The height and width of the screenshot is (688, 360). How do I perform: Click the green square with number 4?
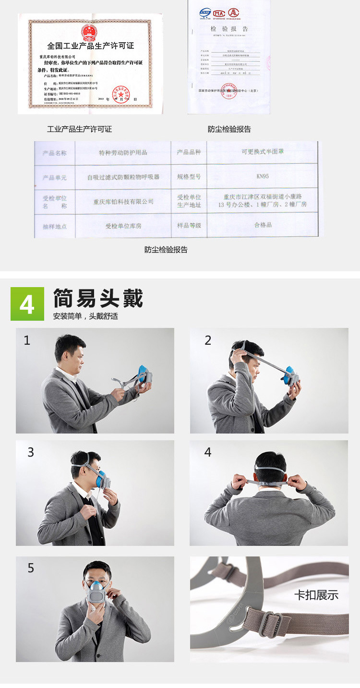click(27, 304)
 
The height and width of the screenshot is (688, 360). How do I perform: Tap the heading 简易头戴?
click(98, 298)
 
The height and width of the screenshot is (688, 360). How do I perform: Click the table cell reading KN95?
click(262, 176)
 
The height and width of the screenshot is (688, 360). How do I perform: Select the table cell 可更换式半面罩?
click(262, 152)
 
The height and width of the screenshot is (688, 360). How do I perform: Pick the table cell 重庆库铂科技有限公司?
click(123, 202)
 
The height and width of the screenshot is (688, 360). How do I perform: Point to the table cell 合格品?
click(263, 225)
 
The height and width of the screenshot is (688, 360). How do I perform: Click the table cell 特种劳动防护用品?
click(123, 152)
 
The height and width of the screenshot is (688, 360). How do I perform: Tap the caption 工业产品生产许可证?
click(79, 129)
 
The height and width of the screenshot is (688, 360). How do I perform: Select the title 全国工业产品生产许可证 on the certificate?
click(90, 46)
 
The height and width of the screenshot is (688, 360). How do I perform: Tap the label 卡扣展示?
click(316, 595)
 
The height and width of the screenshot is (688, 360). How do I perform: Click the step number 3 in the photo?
click(31, 452)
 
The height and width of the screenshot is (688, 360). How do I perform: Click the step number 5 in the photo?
click(31, 568)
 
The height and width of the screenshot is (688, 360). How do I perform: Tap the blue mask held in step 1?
click(143, 375)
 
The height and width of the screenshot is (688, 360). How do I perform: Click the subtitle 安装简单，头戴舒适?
click(85, 316)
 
